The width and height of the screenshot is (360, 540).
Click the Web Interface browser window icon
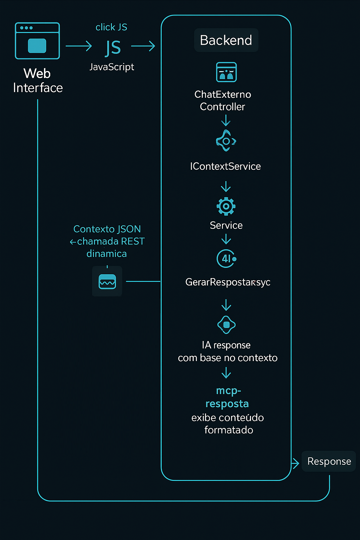pyautogui.click(x=37, y=41)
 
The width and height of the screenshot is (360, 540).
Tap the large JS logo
pyautogui.click(x=113, y=48)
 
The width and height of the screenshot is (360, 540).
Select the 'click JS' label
pyautogui.click(x=111, y=27)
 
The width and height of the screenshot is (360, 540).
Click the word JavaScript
pyautogui.click(x=112, y=67)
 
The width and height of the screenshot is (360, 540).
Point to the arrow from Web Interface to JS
pyautogui.click(x=79, y=46)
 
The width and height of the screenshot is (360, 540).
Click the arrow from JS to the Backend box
pyautogui.click(x=143, y=46)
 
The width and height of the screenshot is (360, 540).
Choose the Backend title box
pyautogui.click(x=226, y=40)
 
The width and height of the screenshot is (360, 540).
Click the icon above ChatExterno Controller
pyautogui.click(x=226, y=72)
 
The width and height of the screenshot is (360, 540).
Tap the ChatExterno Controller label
pyautogui.click(x=223, y=101)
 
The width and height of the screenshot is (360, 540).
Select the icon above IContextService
pyautogui.click(x=226, y=141)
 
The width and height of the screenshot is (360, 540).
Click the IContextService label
pyautogui.click(x=225, y=166)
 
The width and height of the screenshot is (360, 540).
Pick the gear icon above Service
pyautogui.click(x=226, y=206)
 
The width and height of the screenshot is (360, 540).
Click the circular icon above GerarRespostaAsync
pyautogui.click(x=226, y=259)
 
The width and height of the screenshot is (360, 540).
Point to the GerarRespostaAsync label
pyautogui.click(x=228, y=282)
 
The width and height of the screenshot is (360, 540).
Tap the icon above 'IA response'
pyautogui.click(x=226, y=325)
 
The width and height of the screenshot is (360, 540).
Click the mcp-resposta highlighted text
pyautogui.click(x=227, y=397)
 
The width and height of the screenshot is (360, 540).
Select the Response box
pyautogui.click(x=329, y=461)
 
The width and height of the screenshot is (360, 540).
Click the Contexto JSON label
pyautogui.click(x=107, y=229)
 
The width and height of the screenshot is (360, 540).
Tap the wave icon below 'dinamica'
pyautogui.click(x=107, y=282)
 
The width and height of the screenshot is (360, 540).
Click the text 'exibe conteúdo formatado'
pyautogui.click(x=228, y=424)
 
